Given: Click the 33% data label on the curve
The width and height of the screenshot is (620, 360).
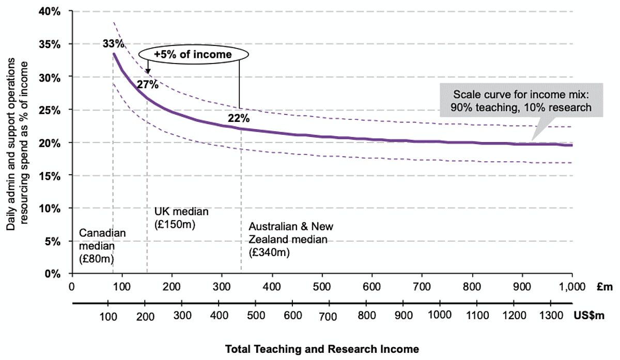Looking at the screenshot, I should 112,44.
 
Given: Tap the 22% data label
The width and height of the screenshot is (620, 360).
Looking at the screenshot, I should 239,118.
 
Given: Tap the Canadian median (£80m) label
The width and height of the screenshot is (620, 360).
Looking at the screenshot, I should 102,245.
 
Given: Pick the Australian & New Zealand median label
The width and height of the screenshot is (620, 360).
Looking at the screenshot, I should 291,240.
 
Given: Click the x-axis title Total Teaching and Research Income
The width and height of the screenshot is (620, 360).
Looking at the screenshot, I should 322,349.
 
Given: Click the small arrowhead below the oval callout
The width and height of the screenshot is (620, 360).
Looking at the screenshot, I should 147,71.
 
